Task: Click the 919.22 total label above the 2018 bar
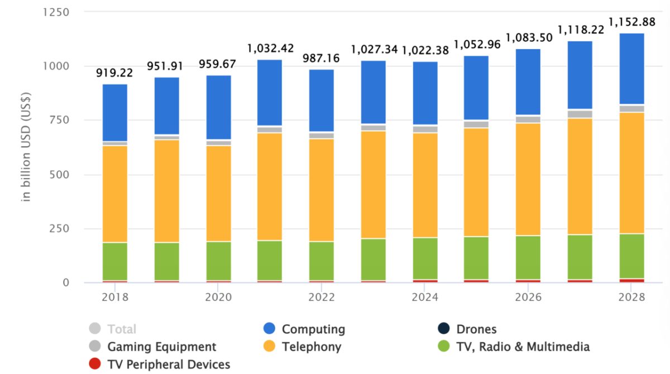click(114, 73)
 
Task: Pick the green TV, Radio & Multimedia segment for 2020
click(218, 261)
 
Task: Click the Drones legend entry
click(476, 329)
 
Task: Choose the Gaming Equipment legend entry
click(161, 347)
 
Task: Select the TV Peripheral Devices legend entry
click(169, 365)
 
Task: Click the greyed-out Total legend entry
click(122, 329)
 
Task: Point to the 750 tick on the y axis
click(57, 120)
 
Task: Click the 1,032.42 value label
click(270, 49)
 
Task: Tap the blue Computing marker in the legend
click(270, 329)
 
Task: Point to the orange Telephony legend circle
click(270, 347)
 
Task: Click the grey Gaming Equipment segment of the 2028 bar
click(631, 109)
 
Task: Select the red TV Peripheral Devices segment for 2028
click(631, 280)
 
